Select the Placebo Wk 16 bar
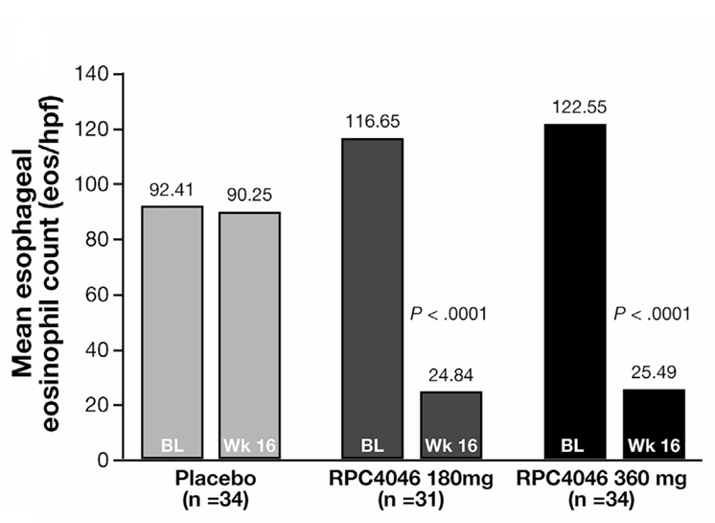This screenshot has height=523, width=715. [249, 336]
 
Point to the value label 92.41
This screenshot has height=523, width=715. [173, 191]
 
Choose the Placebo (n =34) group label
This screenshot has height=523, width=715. [211, 488]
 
